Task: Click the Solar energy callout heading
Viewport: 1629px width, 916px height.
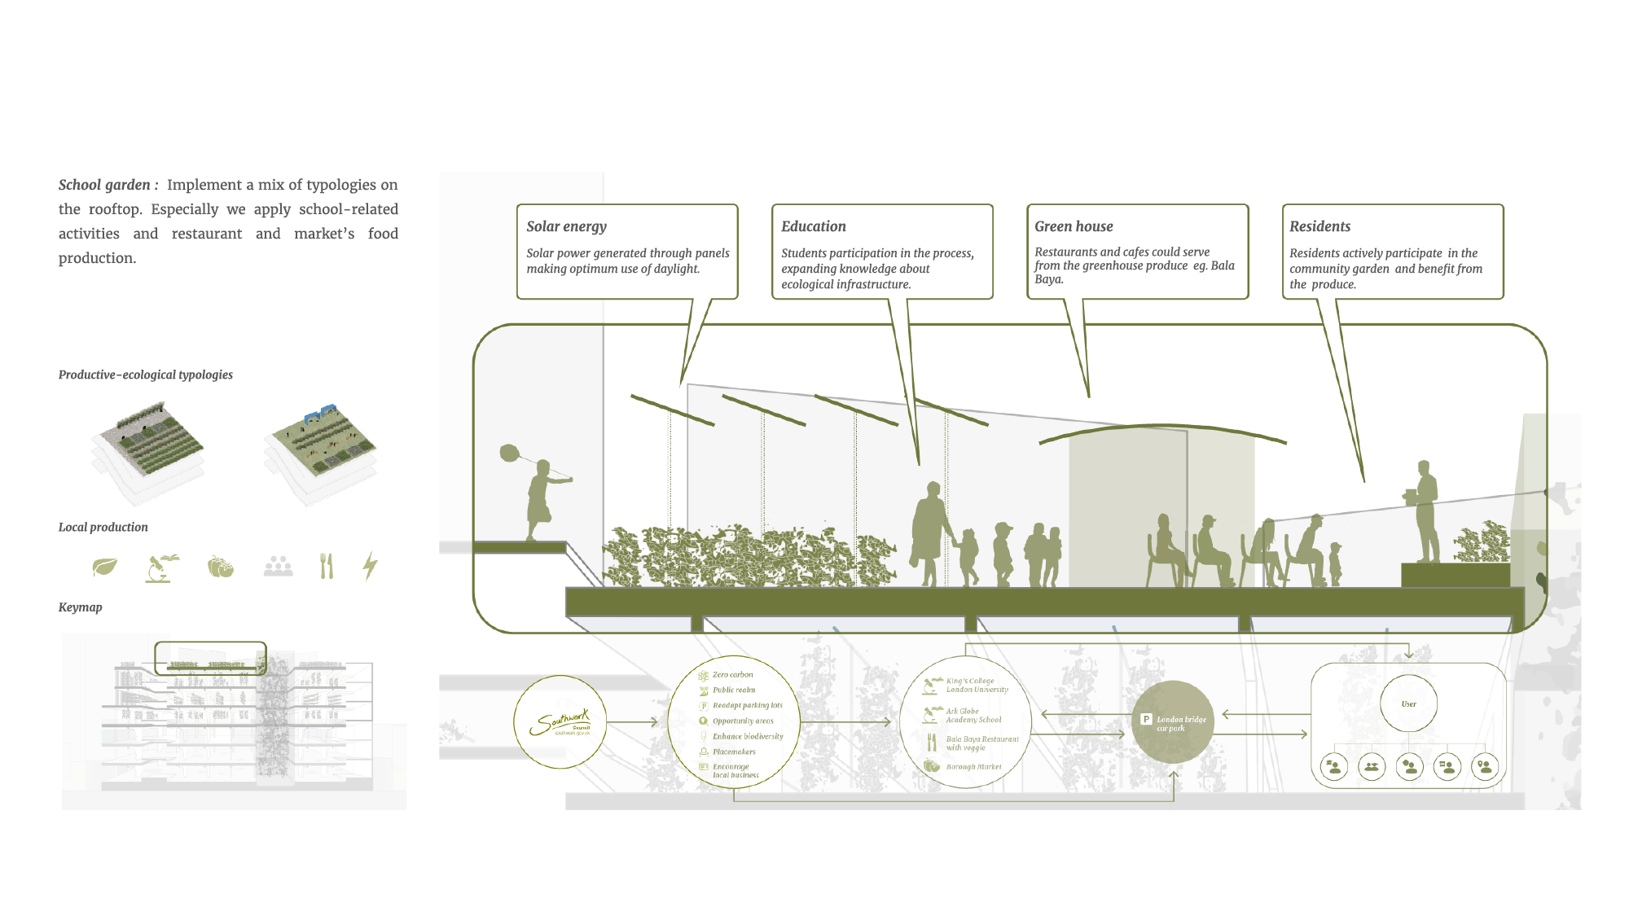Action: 566,226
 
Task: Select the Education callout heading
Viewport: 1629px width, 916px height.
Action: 813,226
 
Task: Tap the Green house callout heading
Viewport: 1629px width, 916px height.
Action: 1074,226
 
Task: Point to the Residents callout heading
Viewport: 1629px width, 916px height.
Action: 1319,226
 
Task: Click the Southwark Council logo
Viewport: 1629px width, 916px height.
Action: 560,722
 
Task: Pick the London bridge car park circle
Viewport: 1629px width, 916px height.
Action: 1172,722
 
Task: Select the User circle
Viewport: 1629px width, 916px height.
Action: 1408,703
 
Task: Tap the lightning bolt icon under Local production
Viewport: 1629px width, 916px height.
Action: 370,565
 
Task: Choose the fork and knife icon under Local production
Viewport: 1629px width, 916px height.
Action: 327,566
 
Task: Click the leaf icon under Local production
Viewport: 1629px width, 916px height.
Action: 104,567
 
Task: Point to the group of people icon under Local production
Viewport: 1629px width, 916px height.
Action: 278,566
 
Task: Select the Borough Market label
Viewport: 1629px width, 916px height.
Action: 973,767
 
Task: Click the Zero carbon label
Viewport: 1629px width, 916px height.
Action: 732,675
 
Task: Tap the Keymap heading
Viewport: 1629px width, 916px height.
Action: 80,607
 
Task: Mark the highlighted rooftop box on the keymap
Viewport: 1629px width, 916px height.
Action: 210,658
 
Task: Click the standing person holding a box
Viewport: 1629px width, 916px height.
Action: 1425,511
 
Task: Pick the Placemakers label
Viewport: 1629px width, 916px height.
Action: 734,752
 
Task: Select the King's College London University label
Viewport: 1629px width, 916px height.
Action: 977,686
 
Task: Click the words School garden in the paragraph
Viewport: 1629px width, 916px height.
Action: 104,185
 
